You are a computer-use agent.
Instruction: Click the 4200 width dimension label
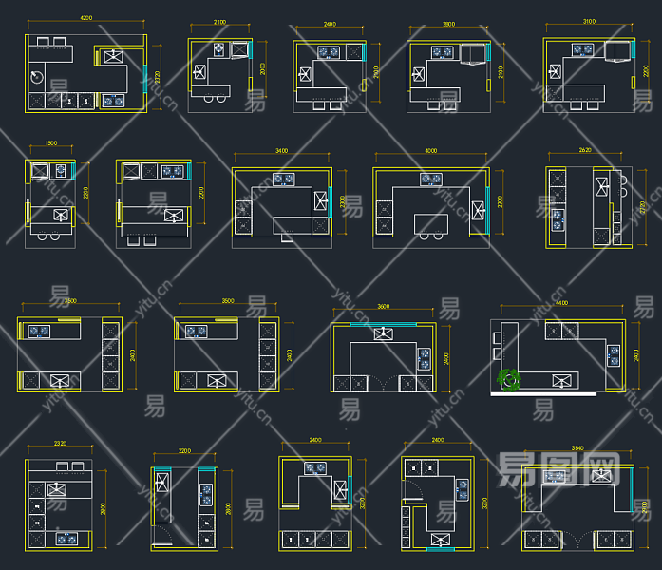86,18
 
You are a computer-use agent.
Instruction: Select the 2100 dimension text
219,22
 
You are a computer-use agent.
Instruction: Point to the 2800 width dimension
448,23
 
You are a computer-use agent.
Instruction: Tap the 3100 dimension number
589,21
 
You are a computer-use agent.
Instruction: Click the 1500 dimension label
51,143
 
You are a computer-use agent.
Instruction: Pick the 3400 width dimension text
282,150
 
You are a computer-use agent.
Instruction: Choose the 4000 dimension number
431,150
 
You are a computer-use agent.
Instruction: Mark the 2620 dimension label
585,150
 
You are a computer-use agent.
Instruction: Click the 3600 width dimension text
384,307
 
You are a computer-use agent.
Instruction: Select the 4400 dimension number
562,303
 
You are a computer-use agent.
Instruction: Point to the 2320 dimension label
59,445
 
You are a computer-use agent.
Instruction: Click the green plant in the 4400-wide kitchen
510,379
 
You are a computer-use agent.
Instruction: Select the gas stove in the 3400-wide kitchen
283,178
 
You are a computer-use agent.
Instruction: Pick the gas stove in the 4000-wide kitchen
431,178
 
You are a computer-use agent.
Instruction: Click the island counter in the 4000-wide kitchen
430,223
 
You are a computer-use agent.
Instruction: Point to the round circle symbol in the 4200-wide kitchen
37,75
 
